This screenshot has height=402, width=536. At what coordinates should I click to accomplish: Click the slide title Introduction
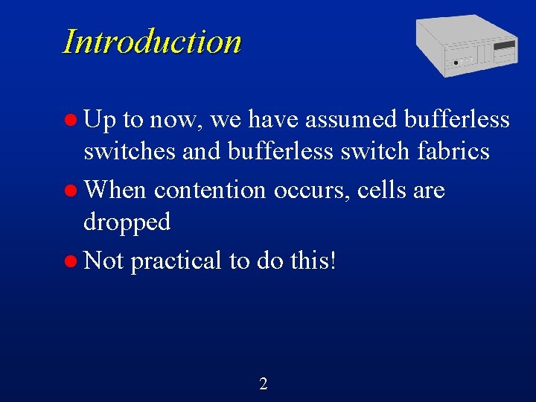[x=152, y=42]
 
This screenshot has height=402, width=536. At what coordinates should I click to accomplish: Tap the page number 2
[x=263, y=384]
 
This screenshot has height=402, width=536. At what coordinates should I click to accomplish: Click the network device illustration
[x=466, y=44]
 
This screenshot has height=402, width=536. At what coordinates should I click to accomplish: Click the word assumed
[x=352, y=119]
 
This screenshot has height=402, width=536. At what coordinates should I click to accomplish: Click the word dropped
[x=127, y=222]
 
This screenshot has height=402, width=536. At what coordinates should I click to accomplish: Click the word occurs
[x=310, y=191]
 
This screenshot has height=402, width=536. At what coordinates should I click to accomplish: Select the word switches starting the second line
[x=130, y=152]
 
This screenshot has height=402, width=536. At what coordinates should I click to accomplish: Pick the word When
[x=116, y=191]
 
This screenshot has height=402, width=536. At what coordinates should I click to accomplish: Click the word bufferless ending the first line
[x=457, y=119]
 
